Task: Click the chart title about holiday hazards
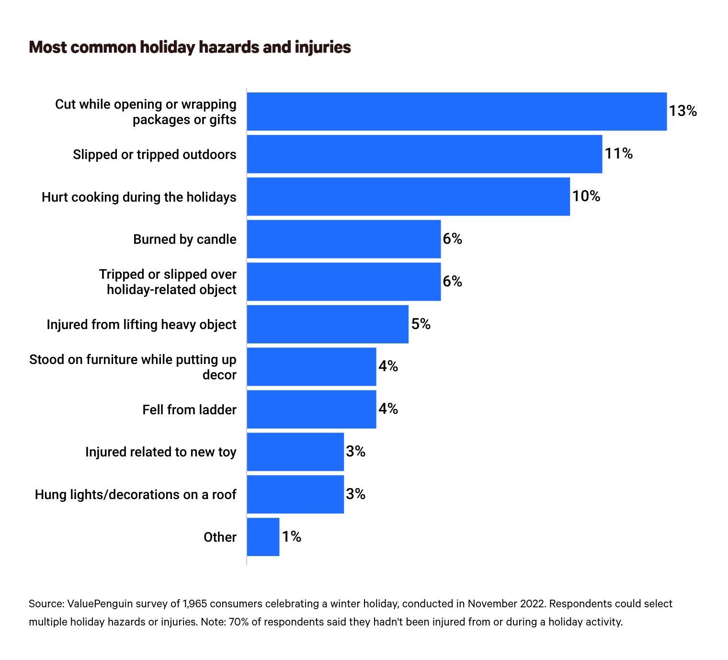click(190, 47)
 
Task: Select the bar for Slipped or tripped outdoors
click(424, 154)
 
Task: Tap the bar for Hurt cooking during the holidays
click(408, 196)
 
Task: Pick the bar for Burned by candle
click(343, 239)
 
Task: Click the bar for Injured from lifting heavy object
click(328, 324)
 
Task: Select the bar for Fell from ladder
click(311, 410)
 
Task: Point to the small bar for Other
click(263, 537)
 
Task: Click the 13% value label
click(682, 111)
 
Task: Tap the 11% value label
click(618, 154)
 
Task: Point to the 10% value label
click(586, 196)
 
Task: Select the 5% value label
click(421, 324)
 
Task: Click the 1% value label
click(291, 537)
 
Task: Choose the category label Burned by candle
click(184, 239)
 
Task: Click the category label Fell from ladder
click(189, 410)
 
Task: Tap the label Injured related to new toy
click(160, 452)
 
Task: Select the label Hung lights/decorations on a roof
click(136, 495)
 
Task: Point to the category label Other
click(220, 537)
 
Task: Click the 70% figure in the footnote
click(237, 622)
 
